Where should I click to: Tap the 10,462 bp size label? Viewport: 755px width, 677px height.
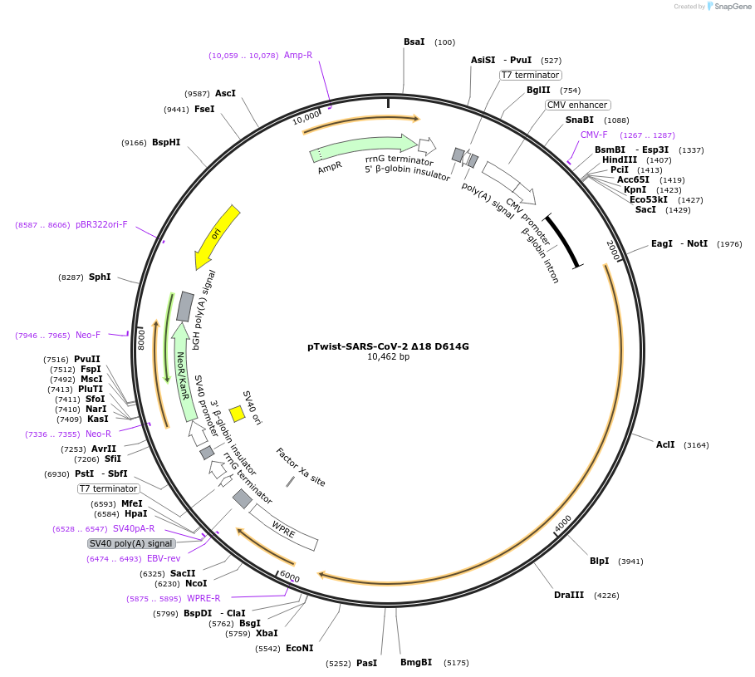click(388, 357)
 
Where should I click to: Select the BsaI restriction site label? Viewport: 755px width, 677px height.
click(414, 42)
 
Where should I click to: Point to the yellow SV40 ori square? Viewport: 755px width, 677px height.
click(237, 413)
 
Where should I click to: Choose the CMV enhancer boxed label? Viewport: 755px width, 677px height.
click(577, 105)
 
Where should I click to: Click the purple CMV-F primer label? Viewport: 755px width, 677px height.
click(594, 135)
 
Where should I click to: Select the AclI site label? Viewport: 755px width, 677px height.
click(665, 445)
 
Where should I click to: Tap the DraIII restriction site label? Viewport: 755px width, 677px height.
click(569, 595)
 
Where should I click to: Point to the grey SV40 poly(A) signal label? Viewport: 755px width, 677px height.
click(130, 543)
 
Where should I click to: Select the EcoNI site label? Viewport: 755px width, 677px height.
click(299, 648)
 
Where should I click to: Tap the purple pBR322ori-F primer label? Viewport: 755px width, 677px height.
click(101, 224)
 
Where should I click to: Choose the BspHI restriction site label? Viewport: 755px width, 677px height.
click(166, 142)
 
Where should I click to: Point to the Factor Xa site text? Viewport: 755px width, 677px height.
click(301, 468)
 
